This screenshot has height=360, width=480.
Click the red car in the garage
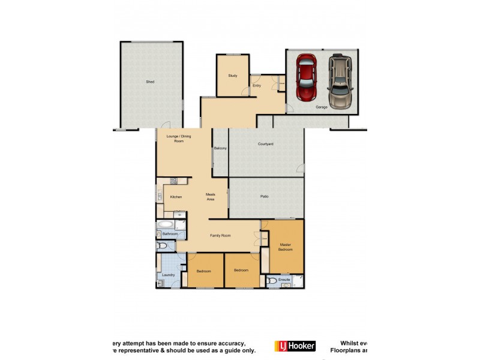[307, 78]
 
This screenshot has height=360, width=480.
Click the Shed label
[150, 82]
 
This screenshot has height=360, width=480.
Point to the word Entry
[257, 86]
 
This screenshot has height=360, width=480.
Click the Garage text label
[322, 107]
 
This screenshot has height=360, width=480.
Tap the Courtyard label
[266, 144]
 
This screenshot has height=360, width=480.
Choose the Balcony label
[220, 148]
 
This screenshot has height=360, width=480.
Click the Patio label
[264, 196]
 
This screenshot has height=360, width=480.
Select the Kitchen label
[176, 197]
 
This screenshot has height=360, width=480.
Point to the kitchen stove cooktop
[173, 181]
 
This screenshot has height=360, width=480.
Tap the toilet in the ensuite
[272, 280]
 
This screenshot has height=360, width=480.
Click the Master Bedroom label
[285, 247]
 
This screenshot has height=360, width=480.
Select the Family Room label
[220, 236]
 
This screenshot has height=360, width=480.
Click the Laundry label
[168, 275]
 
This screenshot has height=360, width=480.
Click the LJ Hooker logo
[295, 346]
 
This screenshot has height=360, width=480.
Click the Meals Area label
[211, 196]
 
